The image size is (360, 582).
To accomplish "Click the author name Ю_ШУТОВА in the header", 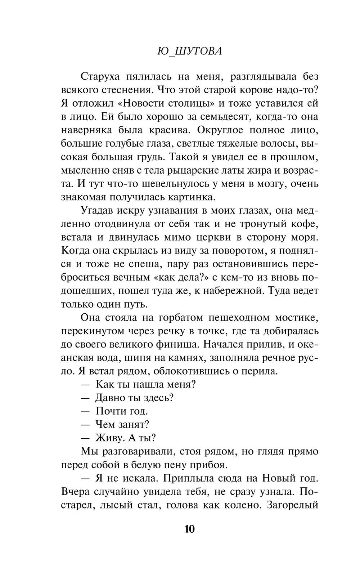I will (x=189, y=51).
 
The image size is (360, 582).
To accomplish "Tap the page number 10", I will (x=189, y=529).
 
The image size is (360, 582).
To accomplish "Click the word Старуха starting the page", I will (x=100, y=77).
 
